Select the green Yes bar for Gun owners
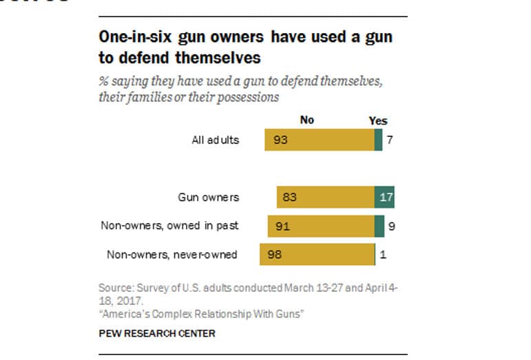[384, 197]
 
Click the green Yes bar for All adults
[378, 140]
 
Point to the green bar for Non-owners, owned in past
[379, 226]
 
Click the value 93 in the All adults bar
[280, 140]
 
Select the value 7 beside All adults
[391, 140]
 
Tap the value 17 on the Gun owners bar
[386, 197]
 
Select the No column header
[307, 120]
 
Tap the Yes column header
[378, 120]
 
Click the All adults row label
[216, 140]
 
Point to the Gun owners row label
[209, 197]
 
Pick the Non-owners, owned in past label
[170, 225]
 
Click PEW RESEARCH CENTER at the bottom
[157, 333]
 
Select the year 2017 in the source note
[134, 300]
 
